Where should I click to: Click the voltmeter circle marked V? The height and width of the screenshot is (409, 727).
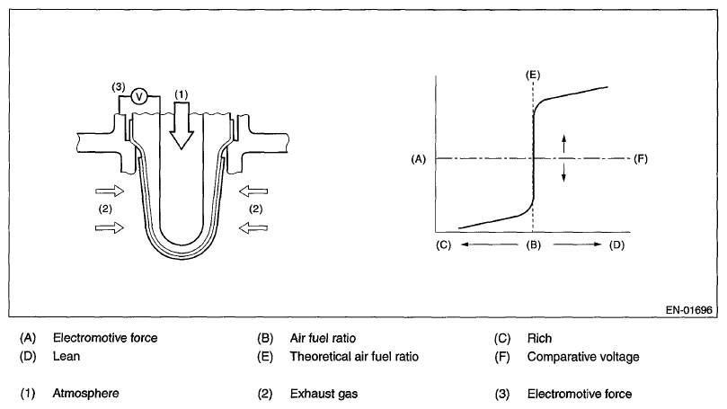(140, 96)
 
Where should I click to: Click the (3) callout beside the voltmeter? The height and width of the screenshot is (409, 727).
(118, 86)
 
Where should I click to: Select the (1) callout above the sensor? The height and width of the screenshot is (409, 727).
(181, 93)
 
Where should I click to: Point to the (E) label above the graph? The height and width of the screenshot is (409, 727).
(533, 71)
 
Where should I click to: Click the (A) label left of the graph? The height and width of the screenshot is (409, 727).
(417, 159)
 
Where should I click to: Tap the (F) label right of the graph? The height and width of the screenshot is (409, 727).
(641, 159)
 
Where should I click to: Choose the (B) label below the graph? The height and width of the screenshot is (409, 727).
(533, 245)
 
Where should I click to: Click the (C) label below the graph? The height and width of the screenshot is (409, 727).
(442, 245)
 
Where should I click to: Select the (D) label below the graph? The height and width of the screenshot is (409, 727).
(616, 245)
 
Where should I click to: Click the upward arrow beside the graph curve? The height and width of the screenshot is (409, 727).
(564, 141)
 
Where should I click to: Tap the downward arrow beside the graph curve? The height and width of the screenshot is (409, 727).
(564, 173)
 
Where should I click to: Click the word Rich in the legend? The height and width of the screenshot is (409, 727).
(539, 339)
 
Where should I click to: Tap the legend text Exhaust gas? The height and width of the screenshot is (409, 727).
(322, 393)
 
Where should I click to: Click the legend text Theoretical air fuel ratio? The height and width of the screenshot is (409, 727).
(354, 357)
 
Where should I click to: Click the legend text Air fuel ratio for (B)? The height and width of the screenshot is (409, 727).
(323, 339)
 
